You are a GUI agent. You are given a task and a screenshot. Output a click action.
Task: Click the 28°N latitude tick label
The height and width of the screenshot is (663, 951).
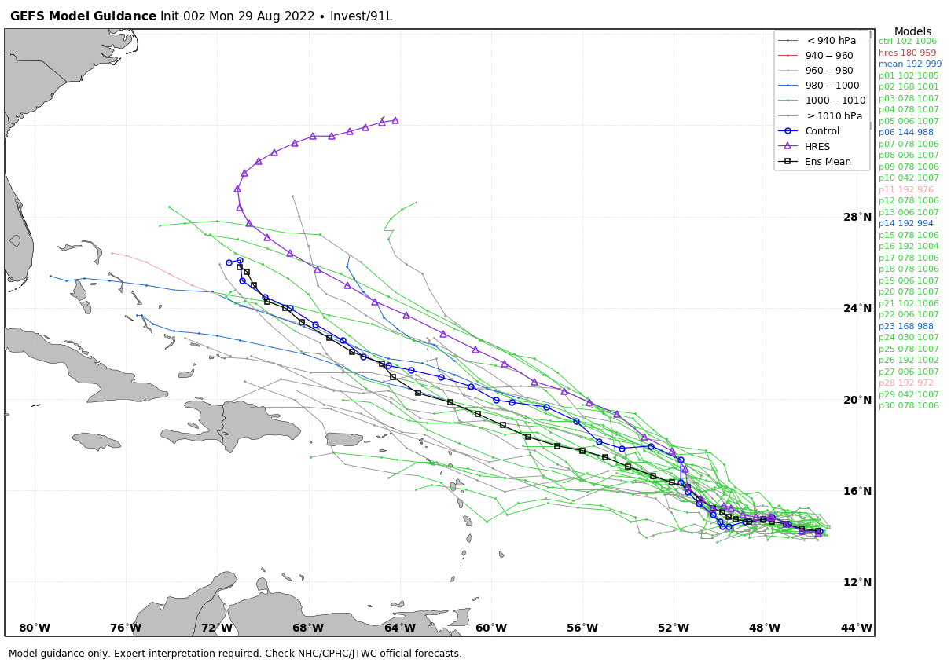click(857, 217)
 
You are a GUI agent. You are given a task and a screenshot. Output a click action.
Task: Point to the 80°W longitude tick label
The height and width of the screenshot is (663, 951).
click(35, 628)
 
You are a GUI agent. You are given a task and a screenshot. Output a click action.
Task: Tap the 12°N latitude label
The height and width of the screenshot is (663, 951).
click(857, 582)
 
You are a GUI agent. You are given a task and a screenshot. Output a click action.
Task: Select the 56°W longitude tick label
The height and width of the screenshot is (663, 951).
click(582, 628)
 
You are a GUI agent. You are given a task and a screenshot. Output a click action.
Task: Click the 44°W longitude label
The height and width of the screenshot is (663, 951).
click(857, 628)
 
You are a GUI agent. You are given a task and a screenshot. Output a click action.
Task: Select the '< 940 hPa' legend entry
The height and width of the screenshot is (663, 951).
click(831, 41)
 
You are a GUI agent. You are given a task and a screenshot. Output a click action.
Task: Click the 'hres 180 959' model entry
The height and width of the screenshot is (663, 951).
click(907, 53)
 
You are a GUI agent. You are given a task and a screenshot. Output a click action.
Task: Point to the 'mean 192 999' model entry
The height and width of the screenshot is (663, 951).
click(909, 64)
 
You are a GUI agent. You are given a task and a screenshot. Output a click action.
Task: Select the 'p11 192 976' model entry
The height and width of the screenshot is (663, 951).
click(905, 189)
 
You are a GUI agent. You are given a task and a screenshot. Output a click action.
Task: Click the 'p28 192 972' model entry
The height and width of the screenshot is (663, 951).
click(905, 383)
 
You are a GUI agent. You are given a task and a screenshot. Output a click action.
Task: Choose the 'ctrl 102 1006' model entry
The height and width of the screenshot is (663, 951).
click(907, 42)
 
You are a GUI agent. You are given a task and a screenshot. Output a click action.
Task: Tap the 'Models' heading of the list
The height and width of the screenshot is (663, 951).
click(912, 32)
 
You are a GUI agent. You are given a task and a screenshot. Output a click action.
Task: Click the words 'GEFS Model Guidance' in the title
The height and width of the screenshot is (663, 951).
click(83, 16)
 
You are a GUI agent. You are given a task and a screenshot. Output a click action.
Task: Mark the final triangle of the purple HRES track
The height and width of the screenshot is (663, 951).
click(395, 120)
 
